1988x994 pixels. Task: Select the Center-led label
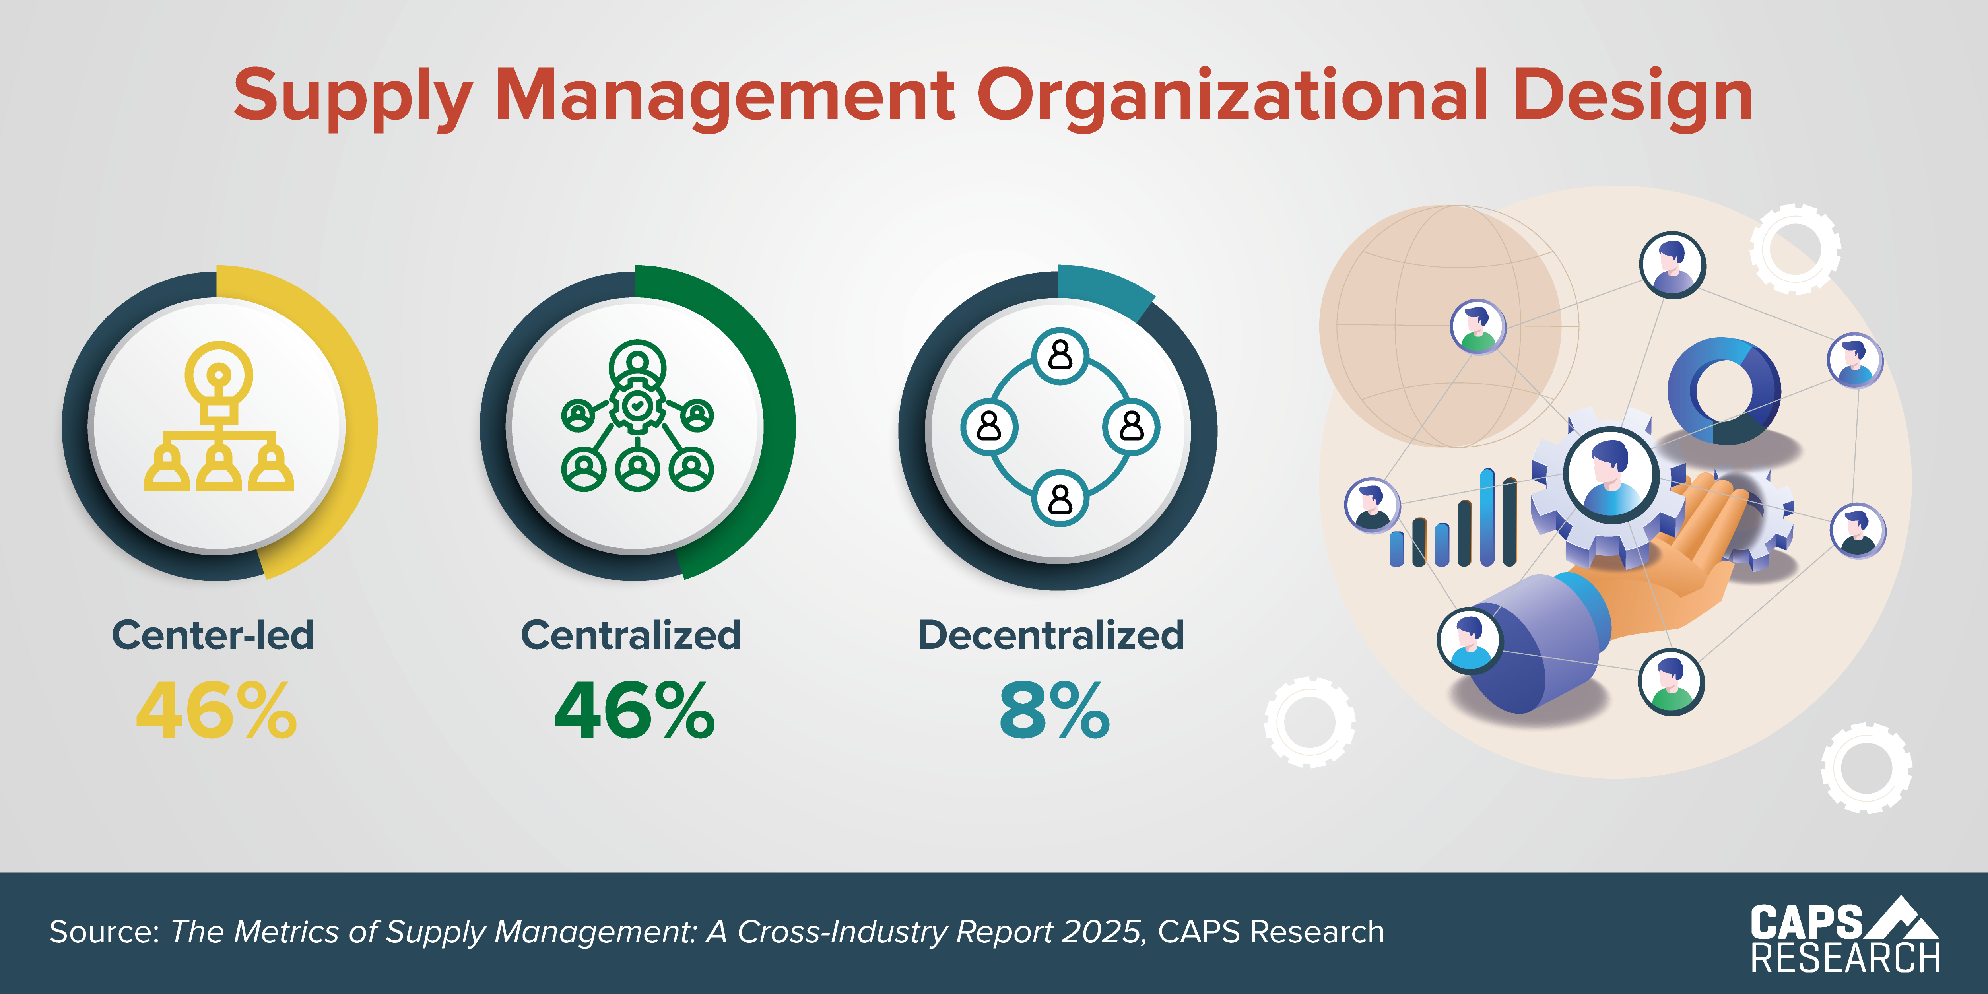[x=213, y=635]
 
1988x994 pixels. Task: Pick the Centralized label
[x=631, y=635]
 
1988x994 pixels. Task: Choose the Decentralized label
[x=1050, y=635]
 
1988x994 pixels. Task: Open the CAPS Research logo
[x=1844, y=934]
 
